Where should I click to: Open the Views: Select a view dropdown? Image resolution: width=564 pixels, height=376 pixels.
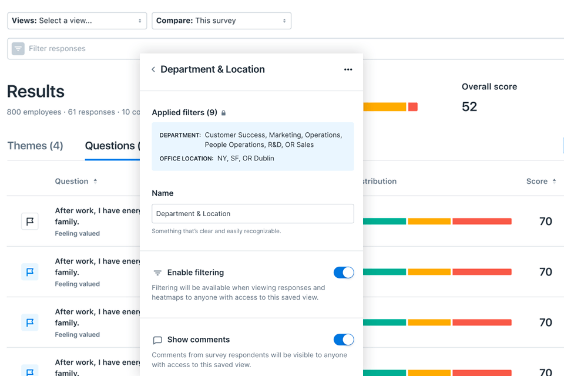point(77,21)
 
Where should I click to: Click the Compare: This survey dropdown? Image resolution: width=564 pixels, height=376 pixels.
point(221,21)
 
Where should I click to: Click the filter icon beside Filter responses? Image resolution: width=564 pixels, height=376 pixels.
point(18,49)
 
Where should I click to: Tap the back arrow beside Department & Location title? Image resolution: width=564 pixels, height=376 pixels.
point(153,69)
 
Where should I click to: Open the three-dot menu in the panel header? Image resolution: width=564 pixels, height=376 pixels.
point(348,69)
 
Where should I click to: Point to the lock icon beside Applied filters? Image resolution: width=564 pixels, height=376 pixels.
point(223,113)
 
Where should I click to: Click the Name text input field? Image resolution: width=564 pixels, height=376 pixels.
point(253,214)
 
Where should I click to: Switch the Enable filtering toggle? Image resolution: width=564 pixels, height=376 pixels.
point(344,273)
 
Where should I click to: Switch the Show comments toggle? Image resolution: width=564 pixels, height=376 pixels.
point(344,340)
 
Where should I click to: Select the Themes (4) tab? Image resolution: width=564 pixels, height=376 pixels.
point(35,146)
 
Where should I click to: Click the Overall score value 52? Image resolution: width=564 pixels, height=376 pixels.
point(469,106)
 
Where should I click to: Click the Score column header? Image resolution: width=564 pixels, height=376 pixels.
point(537,182)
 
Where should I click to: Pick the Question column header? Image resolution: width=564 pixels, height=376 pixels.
point(72,182)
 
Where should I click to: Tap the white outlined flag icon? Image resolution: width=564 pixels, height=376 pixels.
point(30,221)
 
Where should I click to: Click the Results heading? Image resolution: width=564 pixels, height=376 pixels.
point(36,92)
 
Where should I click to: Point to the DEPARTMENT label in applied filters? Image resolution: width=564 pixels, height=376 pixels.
point(180,135)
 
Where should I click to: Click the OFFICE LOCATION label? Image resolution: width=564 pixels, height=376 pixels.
point(186,159)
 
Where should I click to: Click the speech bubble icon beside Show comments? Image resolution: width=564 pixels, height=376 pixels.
point(157,340)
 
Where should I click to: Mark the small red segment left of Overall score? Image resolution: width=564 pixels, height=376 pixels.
point(413,107)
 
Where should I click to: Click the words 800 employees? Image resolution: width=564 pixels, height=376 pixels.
point(34,112)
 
